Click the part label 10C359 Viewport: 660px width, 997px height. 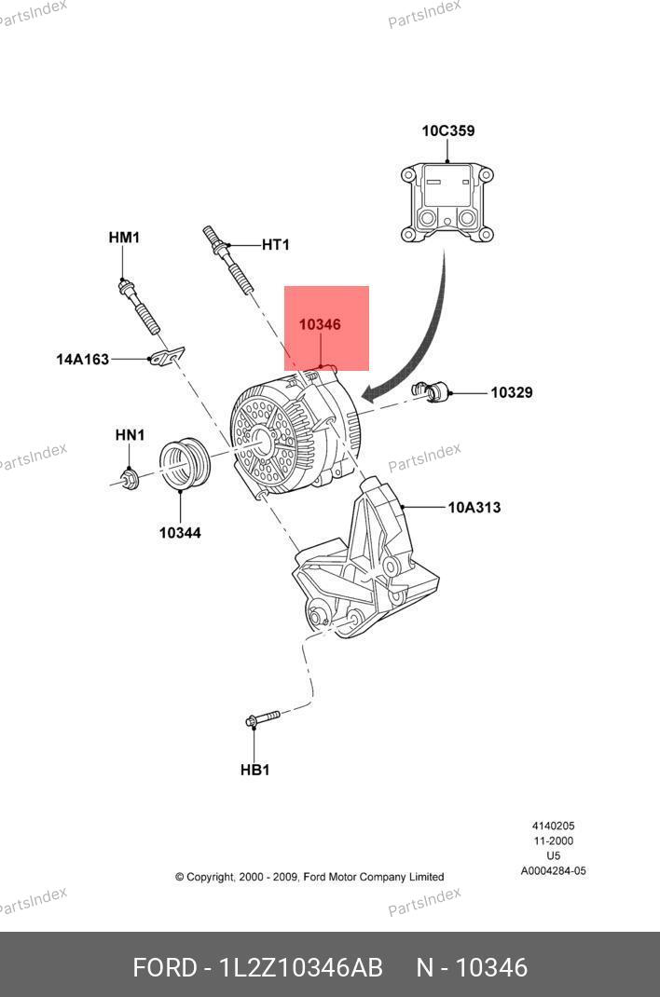(447, 130)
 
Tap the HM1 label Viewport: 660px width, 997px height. (124, 238)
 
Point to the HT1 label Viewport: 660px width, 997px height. (275, 245)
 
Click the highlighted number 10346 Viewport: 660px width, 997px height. (320, 325)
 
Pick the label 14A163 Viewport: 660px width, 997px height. (82, 358)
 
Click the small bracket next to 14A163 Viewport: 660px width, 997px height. (166, 356)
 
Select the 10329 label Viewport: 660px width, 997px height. (512, 392)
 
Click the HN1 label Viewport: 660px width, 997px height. (130, 435)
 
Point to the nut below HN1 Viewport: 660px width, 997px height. (130, 479)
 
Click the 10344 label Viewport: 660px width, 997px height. (180, 533)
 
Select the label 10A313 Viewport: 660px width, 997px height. (474, 508)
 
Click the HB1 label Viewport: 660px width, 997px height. (254, 770)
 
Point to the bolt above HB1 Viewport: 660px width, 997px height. (262, 719)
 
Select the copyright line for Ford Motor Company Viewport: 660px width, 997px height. (309, 877)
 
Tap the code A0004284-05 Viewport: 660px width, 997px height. (553, 871)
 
